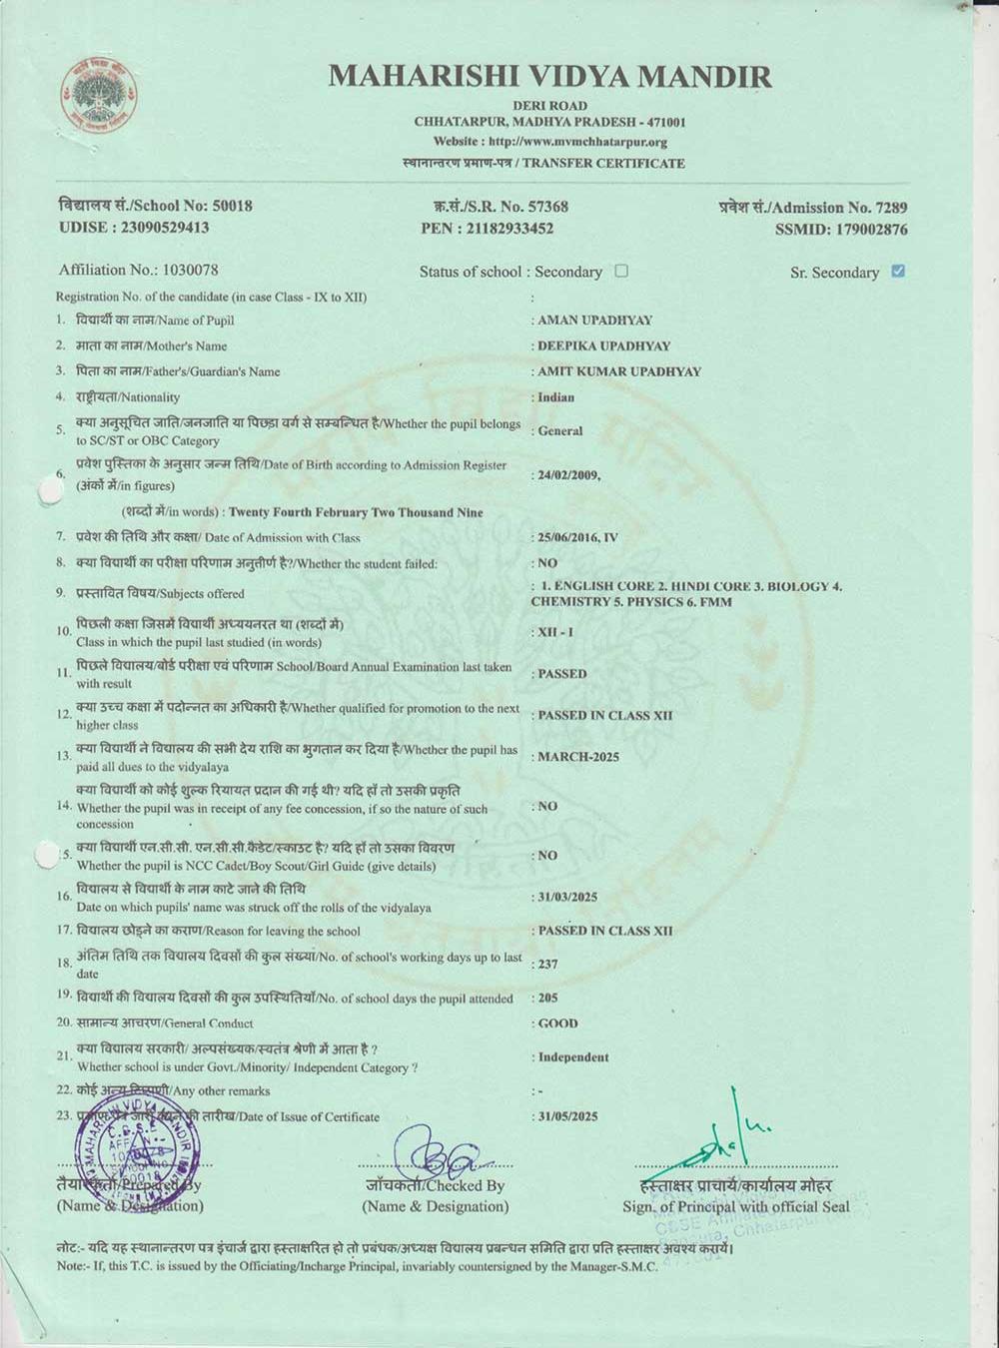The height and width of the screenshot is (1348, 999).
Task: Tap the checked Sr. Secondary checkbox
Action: (x=898, y=271)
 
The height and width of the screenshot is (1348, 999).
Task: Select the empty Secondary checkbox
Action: (x=621, y=271)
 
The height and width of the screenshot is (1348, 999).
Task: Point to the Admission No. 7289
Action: (x=891, y=208)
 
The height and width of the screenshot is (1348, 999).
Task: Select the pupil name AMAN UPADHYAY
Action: (x=595, y=321)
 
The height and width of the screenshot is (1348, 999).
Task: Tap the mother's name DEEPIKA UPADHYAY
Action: (x=604, y=345)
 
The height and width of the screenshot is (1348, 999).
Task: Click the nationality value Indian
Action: (x=556, y=396)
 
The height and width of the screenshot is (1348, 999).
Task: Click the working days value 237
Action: (x=547, y=965)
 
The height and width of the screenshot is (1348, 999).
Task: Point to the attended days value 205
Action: (x=547, y=998)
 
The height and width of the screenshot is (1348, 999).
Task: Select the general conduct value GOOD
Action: (x=558, y=1023)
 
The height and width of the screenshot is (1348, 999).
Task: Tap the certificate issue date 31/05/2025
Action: (x=567, y=1116)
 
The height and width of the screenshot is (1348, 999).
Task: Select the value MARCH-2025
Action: (x=578, y=757)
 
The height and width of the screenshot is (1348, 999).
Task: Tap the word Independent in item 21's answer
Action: (x=573, y=1057)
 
